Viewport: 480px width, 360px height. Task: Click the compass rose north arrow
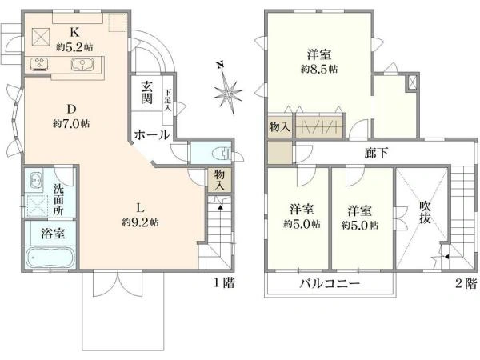228,89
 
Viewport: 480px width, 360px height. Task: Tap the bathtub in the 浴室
50,258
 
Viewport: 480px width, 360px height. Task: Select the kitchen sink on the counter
82,64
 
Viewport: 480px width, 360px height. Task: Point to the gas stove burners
39,64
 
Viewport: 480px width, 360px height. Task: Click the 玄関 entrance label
146,93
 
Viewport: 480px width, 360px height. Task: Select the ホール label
152,134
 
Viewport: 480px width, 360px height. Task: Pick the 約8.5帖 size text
319,69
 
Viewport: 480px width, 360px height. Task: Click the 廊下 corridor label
376,153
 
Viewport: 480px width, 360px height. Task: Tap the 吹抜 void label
425,213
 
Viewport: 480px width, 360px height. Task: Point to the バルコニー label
330,283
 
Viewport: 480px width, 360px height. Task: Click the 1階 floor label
224,283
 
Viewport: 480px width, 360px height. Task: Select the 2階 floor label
466,283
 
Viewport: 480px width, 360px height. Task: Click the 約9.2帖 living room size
140,222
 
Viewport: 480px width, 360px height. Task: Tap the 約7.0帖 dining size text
71,124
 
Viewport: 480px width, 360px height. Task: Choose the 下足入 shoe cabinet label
168,100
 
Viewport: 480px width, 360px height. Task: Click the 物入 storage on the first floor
219,180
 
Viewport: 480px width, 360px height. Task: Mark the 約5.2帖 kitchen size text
74,47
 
